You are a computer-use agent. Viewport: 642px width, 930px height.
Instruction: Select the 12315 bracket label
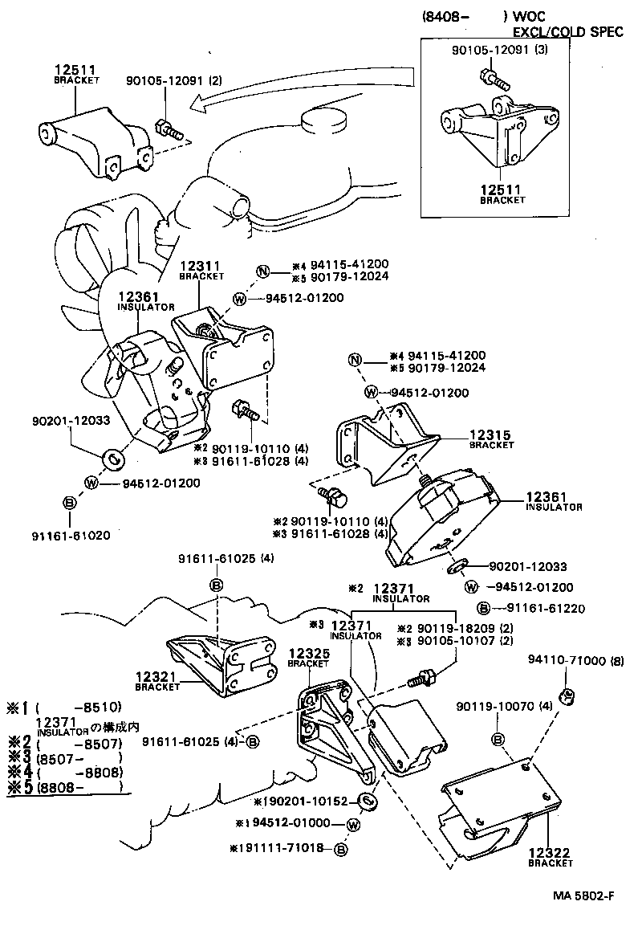pos(491,438)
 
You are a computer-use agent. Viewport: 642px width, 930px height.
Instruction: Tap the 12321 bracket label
pos(156,682)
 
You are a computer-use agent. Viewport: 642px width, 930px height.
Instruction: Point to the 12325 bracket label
pos(308,658)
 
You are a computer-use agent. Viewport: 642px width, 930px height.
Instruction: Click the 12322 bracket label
pos(551,857)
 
